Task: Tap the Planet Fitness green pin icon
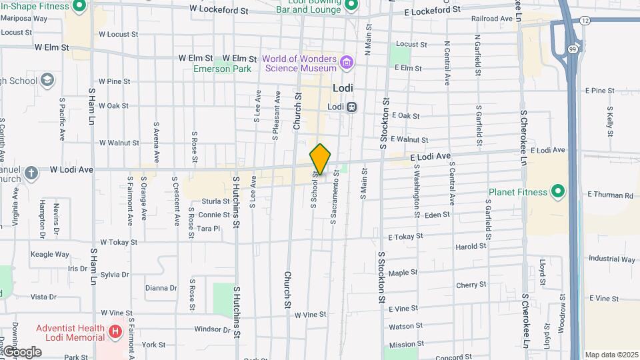tap(558, 193)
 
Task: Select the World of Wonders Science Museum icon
tap(346, 63)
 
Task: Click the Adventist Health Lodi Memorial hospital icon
tap(115, 331)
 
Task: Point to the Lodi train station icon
tap(352, 107)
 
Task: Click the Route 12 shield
tap(585, 21)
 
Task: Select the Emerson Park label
tap(222, 69)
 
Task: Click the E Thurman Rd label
tap(609, 195)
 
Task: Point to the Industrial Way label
tap(611, 259)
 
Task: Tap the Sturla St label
tap(216, 201)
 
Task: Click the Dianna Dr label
tap(161, 288)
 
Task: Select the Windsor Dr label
tap(212, 329)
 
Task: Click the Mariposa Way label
tap(24, 19)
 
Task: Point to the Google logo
tap(22, 351)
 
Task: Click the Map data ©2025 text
tap(611, 355)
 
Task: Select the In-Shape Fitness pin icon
tap(79, 7)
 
